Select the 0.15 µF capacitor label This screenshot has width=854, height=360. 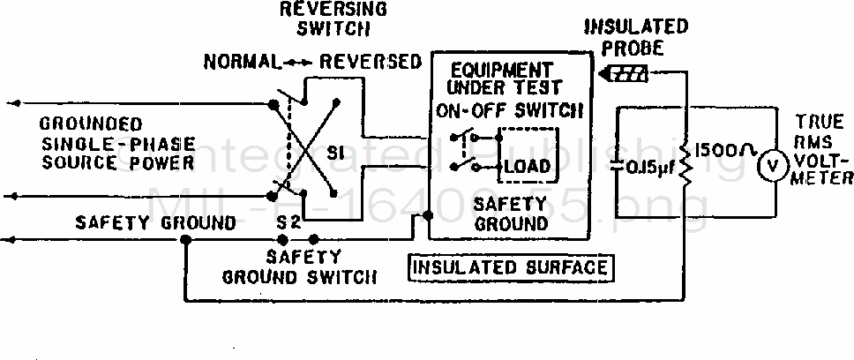648,168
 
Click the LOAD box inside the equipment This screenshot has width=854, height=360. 527,167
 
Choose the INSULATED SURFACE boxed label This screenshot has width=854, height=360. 510,267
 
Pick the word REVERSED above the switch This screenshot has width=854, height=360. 371,62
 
